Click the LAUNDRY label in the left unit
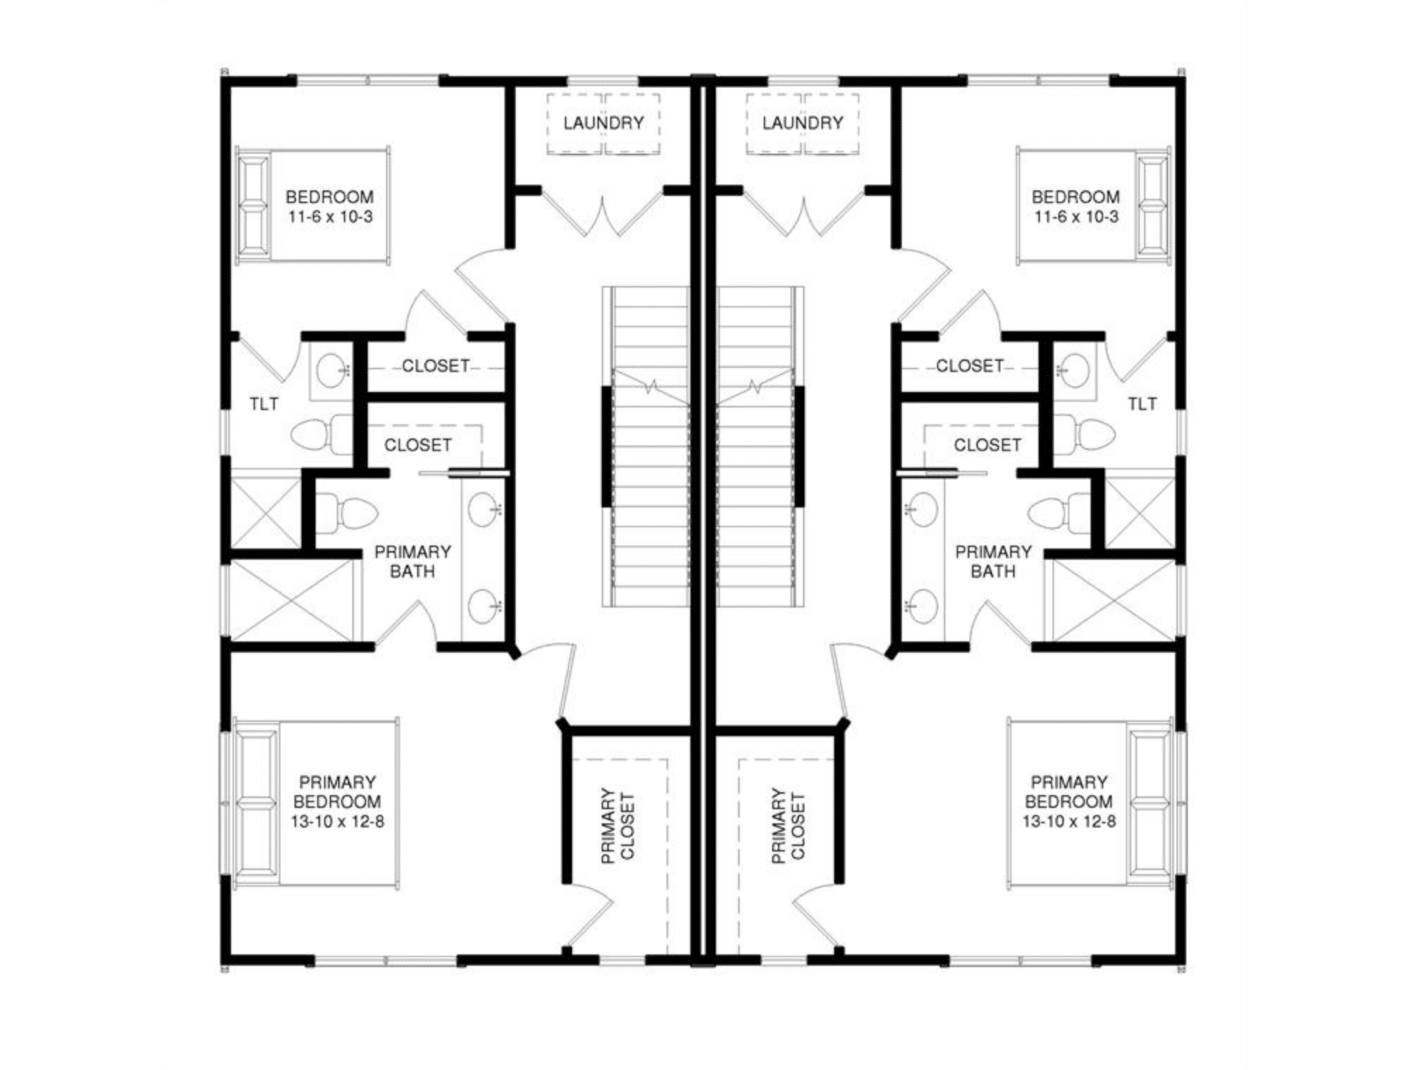tap(603, 123)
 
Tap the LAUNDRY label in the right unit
tap(802, 123)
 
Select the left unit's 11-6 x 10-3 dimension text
tap(330, 217)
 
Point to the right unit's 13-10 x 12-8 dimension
tap(1069, 821)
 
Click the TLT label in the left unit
tap(263, 404)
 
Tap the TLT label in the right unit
tap(1142, 404)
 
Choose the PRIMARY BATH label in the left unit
tap(412, 562)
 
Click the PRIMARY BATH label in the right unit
tap(993, 562)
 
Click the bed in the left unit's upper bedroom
tap(312, 206)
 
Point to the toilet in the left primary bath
tap(346, 513)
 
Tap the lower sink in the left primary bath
tap(485, 606)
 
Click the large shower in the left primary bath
tap(292, 601)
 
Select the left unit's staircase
tap(645, 446)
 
